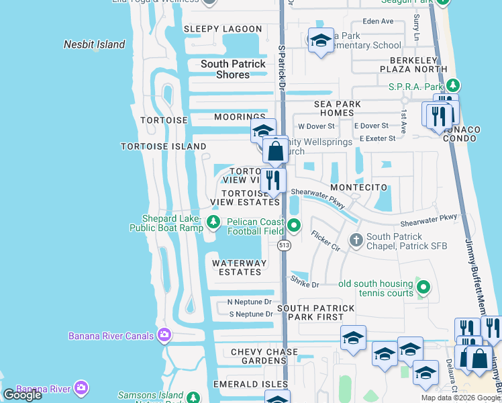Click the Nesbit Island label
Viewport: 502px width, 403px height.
tap(94, 44)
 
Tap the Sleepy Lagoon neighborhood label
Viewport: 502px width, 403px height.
tap(222, 29)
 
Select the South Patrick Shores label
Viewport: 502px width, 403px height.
tap(233, 69)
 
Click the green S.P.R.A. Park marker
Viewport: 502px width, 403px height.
tap(454, 86)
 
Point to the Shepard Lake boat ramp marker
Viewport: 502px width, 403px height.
tap(213, 222)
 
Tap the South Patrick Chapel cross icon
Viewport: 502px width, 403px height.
tap(356, 239)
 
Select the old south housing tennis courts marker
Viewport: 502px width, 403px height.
tap(423, 288)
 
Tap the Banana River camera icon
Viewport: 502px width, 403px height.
tap(81, 388)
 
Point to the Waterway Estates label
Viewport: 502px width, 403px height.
tap(240, 267)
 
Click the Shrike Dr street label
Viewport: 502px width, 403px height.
tap(305, 284)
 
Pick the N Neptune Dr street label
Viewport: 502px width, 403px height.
tap(249, 302)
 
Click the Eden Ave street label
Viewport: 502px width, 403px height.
tap(377, 21)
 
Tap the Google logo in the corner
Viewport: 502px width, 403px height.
tap(22, 395)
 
